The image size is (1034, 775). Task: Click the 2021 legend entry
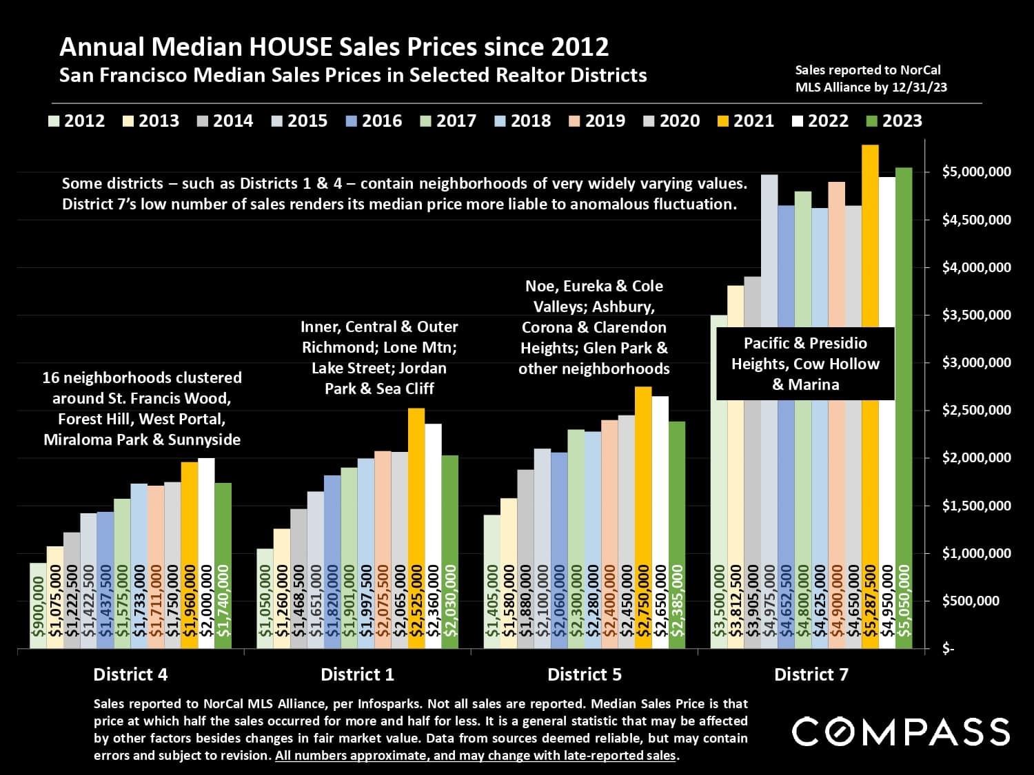click(x=747, y=121)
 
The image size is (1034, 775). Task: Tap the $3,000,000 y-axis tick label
click(x=976, y=362)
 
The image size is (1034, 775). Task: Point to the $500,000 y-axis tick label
click(x=971, y=601)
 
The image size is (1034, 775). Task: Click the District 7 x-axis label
click(x=811, y=674)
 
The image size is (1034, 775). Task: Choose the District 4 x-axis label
click(x=130, y=674)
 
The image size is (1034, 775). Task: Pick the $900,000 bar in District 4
click(x=38, y=606)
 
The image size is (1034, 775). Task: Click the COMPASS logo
click(x=900, y=732)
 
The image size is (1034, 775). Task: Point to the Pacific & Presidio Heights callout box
click(x=805, y=364)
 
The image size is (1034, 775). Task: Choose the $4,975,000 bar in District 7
click(x=769, y=276)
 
